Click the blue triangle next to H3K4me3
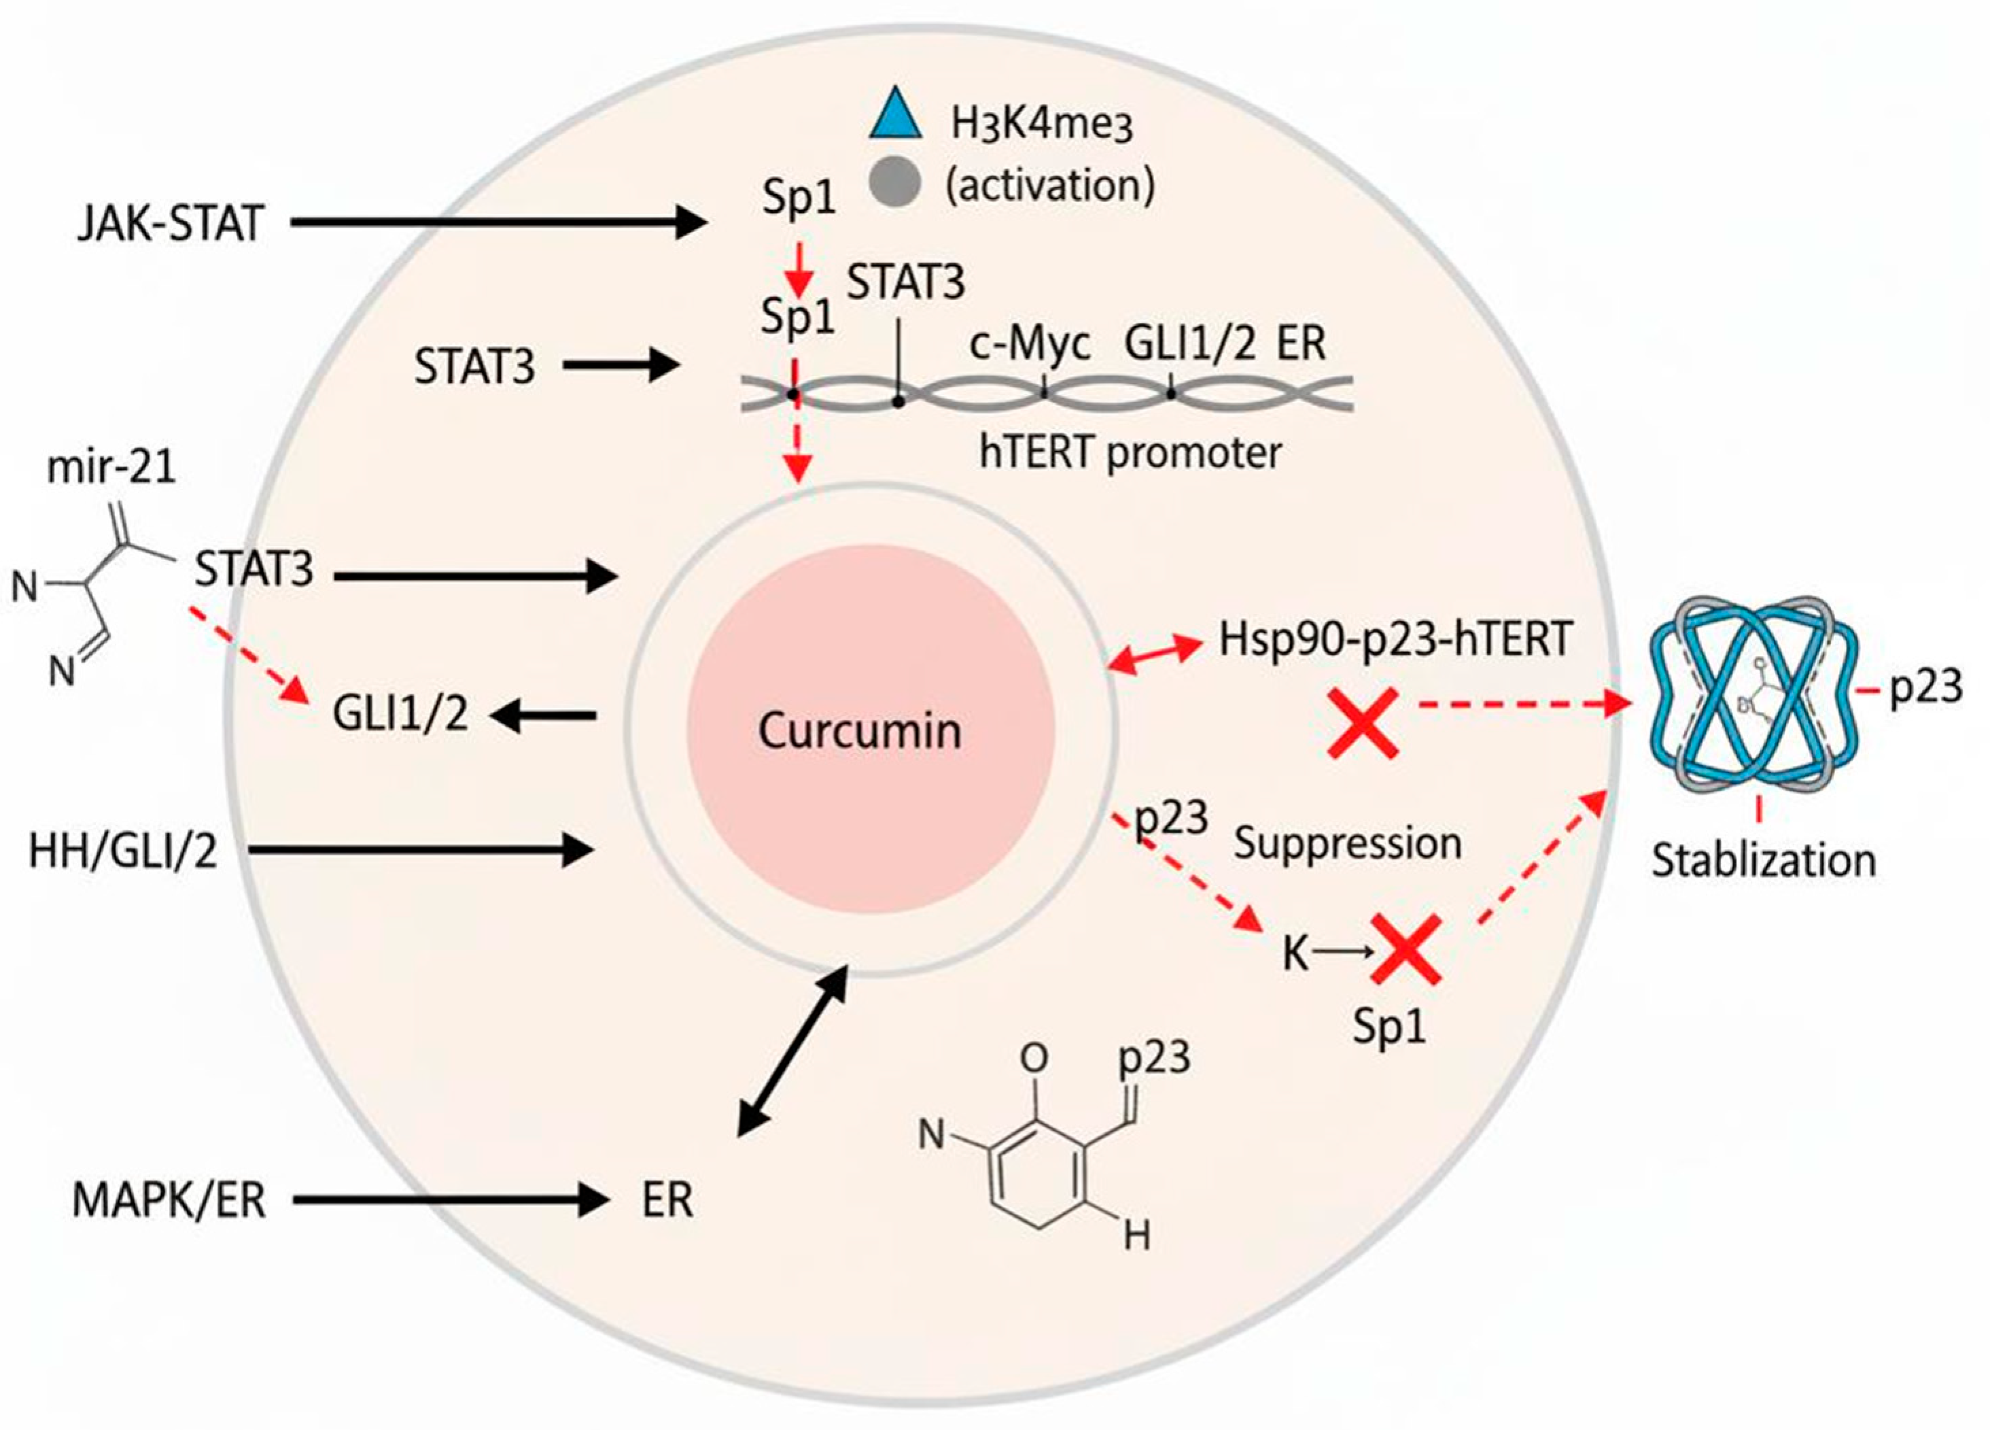pyautogui.click(x=895, y=115)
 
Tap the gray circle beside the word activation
pyautogui.click(x=895, y=184)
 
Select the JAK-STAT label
pyautogui.click(x=170, y=224)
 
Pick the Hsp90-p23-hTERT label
pyautogui.click(x=1395, y=640)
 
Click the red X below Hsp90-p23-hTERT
pyautogui.click(x=1363, y=722)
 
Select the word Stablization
pyautogui.click(x=1764, y=860)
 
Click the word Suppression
pyautogui.click(x=1348, y=844)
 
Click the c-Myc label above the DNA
pyautogui.click(x=1030, y=344)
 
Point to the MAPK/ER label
pyautogui.click(x=169, y=1200)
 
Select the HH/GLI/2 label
pyautogui.click(x=123, y=851)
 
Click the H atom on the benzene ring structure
pyautogui.click(x=1137, y=1238)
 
